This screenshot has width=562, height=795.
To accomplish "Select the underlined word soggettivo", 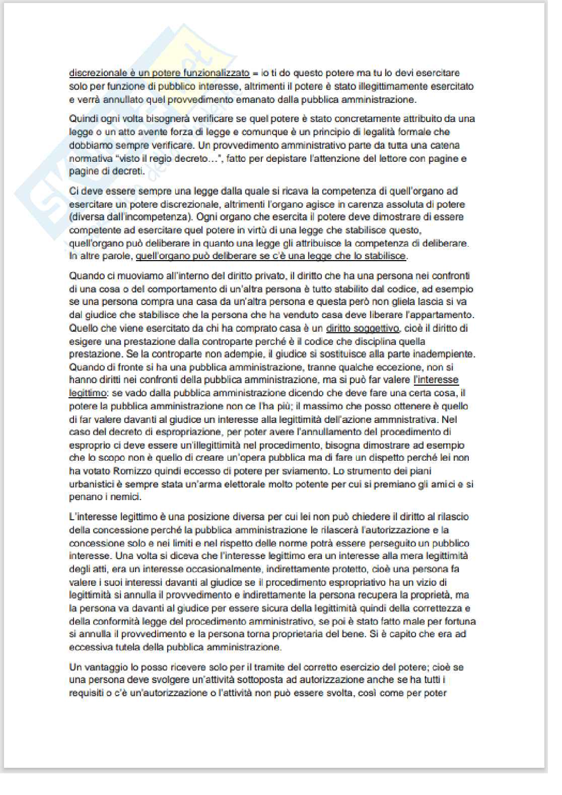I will (376, 329).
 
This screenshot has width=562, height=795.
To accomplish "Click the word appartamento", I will (445, 315).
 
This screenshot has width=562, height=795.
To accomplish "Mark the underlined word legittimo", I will (88, 393).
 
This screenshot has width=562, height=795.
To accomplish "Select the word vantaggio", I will (102, 667).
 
